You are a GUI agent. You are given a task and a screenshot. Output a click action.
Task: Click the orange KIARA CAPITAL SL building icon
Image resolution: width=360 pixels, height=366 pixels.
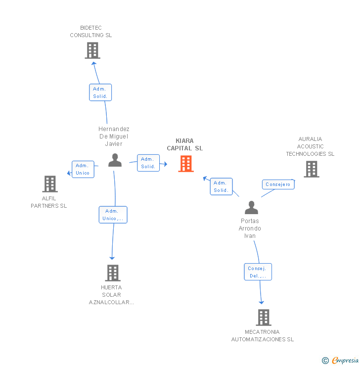pos(186,164)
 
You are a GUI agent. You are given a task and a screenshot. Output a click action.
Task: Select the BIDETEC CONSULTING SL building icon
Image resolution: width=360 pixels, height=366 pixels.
pos(92,50)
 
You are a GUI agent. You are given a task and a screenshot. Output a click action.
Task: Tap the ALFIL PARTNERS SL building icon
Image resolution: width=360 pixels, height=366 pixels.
pos(50,184)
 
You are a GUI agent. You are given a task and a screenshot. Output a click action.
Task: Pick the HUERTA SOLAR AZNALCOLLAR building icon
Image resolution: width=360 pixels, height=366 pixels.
pos(113,273)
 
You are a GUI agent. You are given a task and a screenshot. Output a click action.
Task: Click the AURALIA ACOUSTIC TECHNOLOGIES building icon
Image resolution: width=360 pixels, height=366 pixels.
pos(311,169)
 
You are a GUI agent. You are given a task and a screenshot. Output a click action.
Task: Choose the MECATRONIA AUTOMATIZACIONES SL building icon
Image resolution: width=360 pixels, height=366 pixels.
pos(264,318)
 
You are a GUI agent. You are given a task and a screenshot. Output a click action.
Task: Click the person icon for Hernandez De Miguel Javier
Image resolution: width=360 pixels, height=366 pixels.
pos(115,160)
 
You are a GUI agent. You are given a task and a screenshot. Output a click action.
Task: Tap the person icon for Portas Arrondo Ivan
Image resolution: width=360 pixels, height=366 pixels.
pos(251,207)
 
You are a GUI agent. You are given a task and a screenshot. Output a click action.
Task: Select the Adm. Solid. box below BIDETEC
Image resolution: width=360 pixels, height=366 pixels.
pos(100,92)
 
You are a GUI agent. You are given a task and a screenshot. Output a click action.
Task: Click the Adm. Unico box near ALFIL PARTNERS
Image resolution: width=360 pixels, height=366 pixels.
pos(83,169)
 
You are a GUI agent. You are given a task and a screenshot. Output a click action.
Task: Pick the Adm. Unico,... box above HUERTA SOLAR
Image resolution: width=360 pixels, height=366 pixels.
pos(113,215)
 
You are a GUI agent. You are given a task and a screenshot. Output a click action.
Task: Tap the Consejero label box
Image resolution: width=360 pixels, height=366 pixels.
pos(278,184)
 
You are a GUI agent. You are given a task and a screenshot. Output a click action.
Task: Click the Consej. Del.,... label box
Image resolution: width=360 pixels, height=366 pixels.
pos(258,272)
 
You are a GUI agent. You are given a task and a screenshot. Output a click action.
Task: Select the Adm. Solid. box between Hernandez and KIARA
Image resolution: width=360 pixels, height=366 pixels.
pos(148,163)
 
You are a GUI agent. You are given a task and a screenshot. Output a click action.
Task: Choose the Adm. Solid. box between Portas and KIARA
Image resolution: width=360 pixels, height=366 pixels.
pos(221,186)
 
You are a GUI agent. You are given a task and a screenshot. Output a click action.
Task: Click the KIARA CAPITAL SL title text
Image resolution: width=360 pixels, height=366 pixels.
pos(185,144)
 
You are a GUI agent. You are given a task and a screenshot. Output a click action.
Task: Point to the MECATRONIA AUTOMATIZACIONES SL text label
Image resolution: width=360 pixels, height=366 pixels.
pos(263,335)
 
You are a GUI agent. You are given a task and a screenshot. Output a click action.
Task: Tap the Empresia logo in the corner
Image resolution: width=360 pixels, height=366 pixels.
pos(345,361)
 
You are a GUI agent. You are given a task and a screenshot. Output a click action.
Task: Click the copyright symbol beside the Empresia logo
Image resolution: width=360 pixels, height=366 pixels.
pos(325,361)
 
